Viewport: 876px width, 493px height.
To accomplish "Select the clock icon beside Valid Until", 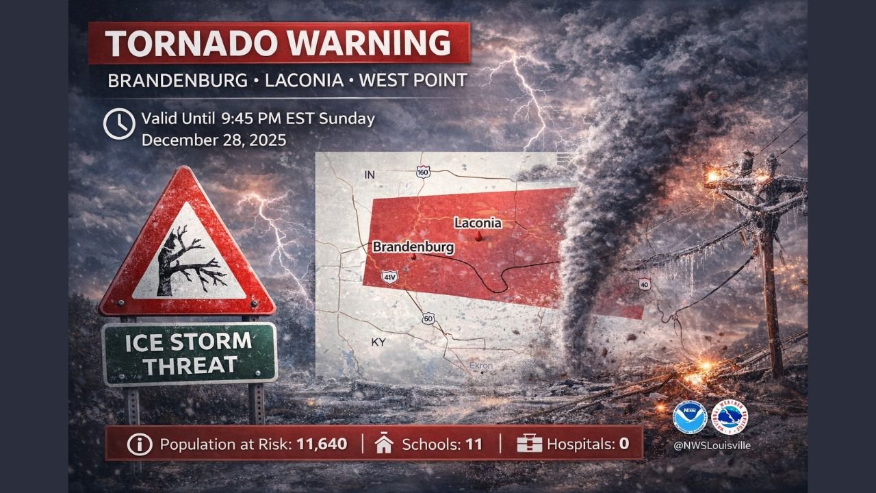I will click(x=118, y=124).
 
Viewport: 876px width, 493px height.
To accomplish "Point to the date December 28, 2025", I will click(x=214, y=140).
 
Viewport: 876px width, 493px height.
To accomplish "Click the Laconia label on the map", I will click(x=478, y=223).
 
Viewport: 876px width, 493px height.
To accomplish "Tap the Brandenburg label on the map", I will click(x=413, y=246).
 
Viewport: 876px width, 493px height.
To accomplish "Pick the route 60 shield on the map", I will click(x=428, y=318).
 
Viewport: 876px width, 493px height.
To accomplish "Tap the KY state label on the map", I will click(x=378, y=341).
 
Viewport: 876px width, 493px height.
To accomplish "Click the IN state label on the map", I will click(x=370, y=175).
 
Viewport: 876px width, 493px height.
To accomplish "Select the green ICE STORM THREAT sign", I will click(x=190, y=353).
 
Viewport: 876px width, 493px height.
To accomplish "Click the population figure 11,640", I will click(x=322, y=444).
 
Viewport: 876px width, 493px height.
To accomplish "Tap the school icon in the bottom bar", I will click(x=384, y=444).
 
